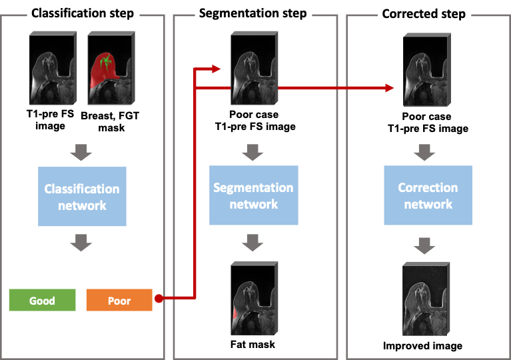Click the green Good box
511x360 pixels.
pyautogui.click(x=43, y=300)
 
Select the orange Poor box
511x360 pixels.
pyautogui.click(x=119, y=300)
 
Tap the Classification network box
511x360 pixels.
pyautogui.click(x=82, y=196)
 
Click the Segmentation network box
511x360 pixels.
pyautogui.click(x=254, y=195)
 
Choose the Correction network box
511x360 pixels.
pyautogui.click(x=428, y=195)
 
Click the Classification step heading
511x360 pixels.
pyautogui.click(x=83, y=13)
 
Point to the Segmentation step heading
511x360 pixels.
pyautogui.click(x=253, y=13)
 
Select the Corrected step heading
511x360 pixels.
pyautogui.click(x=424, y=14)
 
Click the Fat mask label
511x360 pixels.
pyautogui.click(x=253, y=345)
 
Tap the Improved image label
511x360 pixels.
pyautogui.click(x=422, y=345)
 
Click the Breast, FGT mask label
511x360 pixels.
pyautogui.click(x=110, y=121)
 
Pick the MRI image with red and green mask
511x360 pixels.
pyautogui.click(x=111, y=68)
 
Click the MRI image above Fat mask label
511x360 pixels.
pyautogui.click(x=254, y=298)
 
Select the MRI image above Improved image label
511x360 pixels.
pyautogui.click(x=426, y=299)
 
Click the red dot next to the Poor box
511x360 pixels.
pyautogui.click(x=159, y=299)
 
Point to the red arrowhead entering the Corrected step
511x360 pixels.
pyautogui.click(x=390, y=88)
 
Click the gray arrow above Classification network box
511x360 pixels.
pyautogui.click(x=81, y=152)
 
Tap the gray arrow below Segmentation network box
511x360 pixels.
pyautogui.click(x=253, y=243)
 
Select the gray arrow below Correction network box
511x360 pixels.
pyautogui.click(x=424, y=246)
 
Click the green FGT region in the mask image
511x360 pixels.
pyautogui.click(x=105, y=62)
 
